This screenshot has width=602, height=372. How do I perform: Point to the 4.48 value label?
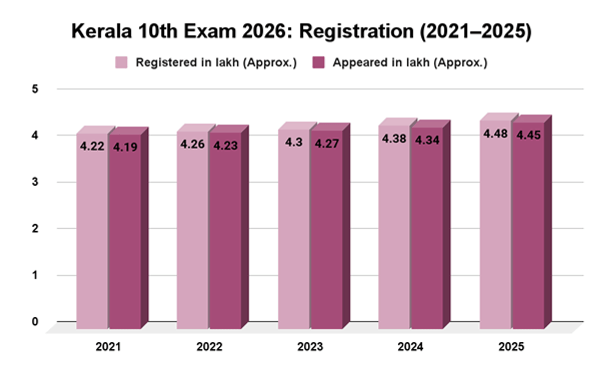coord(495,134)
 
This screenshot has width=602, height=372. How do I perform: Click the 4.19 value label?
coord(125,147)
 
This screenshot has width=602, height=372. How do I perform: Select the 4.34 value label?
coord(427,140)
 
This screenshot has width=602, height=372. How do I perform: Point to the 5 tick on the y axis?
coord(35,89)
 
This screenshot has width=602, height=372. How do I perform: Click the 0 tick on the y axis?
coord(35,322)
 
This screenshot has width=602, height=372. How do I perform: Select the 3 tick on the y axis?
coord(35,182)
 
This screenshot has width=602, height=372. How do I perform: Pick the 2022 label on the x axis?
coord(209,347)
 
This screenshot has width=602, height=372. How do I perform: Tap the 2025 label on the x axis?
coord(511,347)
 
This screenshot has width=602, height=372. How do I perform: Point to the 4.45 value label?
coord(528,135)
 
